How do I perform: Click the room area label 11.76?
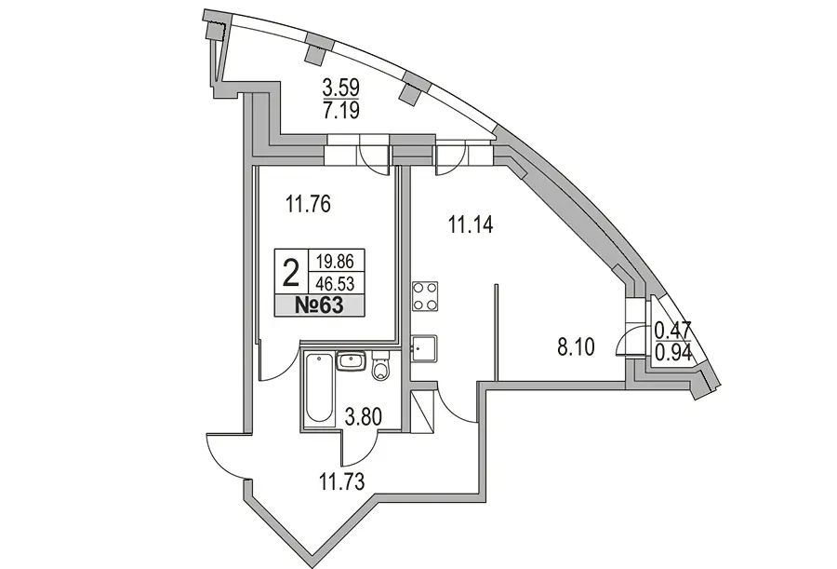tap(308, 204)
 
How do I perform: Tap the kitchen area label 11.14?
tap(471, 224)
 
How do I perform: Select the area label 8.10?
tap(576, 347)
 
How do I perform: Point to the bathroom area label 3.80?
tap(363, 416)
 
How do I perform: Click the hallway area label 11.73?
tap(342, 481)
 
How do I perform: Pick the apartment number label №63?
tap(319, 305)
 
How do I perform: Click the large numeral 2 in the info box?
tap(291, 272)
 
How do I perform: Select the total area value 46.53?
tap(335, 282)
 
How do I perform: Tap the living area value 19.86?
tap(335, 261)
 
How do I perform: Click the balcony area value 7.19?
tap(340, 110)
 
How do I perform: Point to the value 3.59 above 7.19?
tap(340, 87)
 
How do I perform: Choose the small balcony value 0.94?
tap(673, 352)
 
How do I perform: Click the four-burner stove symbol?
tap(425, 296)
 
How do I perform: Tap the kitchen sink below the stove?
tap(424, 349)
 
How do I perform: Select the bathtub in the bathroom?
tap(319, 387)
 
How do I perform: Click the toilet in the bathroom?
tap(381, 366)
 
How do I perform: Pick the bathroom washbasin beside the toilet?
tap(352, 360)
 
